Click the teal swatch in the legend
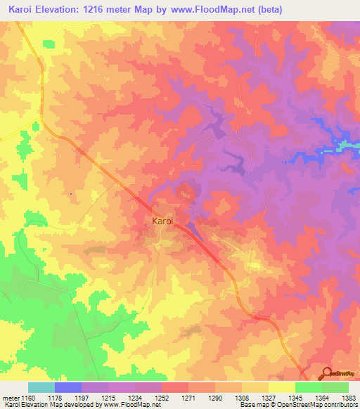[x=41, y=387]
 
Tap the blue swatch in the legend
[x=68, y=387]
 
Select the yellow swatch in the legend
[x=281, y=387]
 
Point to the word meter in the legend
[x=11, y=398]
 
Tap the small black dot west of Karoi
[x=71, y=194]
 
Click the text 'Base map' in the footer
[x=251, y=405]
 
